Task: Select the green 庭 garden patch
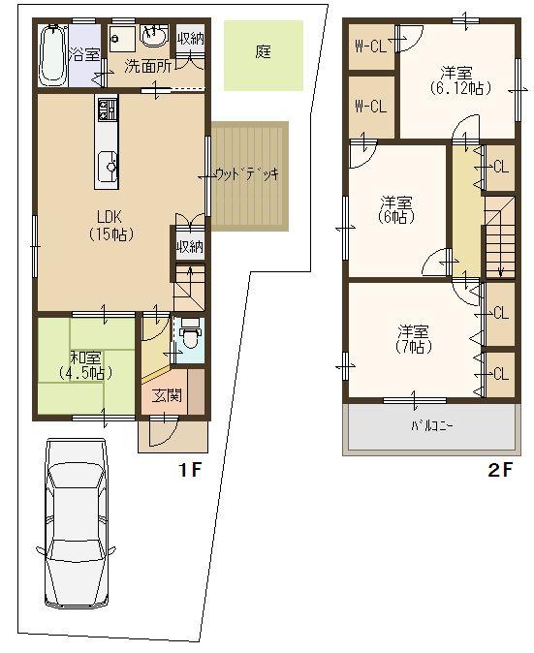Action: (264, 54)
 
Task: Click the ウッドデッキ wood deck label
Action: (246, 174)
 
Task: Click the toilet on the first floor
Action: (190, 339)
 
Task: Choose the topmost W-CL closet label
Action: (370, 46)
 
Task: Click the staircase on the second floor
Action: (499, 237)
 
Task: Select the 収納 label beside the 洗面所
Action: (191, 38)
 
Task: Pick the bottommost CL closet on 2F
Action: (500, 374)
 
